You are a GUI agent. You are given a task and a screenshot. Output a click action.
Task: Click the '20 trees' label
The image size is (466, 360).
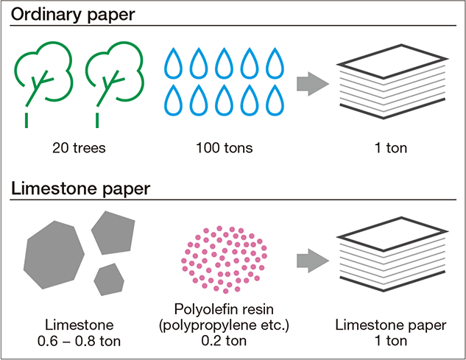pos(78,148)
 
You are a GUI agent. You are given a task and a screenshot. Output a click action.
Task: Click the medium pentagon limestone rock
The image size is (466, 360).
pos(115,232)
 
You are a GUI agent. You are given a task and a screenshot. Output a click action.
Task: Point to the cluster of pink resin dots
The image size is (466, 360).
pos(222,258)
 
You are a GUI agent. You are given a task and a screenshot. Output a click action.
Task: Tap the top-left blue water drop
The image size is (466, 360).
pos(175,63)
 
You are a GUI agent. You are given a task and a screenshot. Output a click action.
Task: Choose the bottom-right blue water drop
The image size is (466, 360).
pos(275,99)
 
